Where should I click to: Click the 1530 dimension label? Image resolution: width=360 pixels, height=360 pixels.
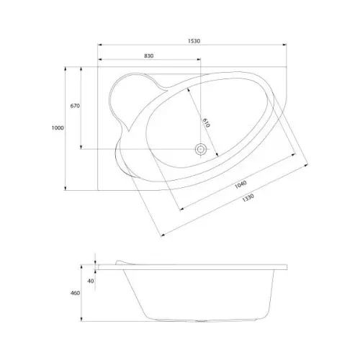(x=194, y=41)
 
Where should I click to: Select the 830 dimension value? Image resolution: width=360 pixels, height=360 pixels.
(x=149, y=56)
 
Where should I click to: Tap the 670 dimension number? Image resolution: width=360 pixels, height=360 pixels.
(x=75, y=106)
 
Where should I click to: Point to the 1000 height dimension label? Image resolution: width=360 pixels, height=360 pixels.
(x=58, y=128)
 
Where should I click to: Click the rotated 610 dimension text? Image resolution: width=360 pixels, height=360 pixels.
(x=206, y=122)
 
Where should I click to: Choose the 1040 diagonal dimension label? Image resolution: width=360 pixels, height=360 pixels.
(x=240, y=184)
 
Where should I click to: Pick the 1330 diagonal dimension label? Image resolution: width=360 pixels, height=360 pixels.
(x=248, y=198)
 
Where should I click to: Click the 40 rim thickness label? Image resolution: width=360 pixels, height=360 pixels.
(x=91, y=281)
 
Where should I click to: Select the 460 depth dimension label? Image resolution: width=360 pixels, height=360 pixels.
(x=75, y=293)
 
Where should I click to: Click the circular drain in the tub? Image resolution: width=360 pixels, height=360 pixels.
(x=200, y=149)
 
